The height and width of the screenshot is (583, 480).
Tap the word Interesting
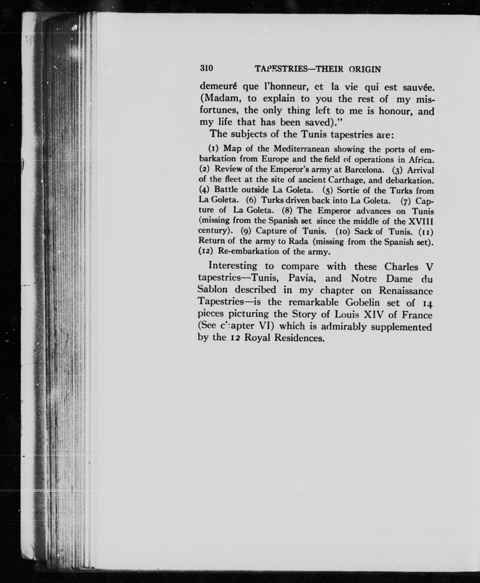pyautogui.click(x=233, y=266)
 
